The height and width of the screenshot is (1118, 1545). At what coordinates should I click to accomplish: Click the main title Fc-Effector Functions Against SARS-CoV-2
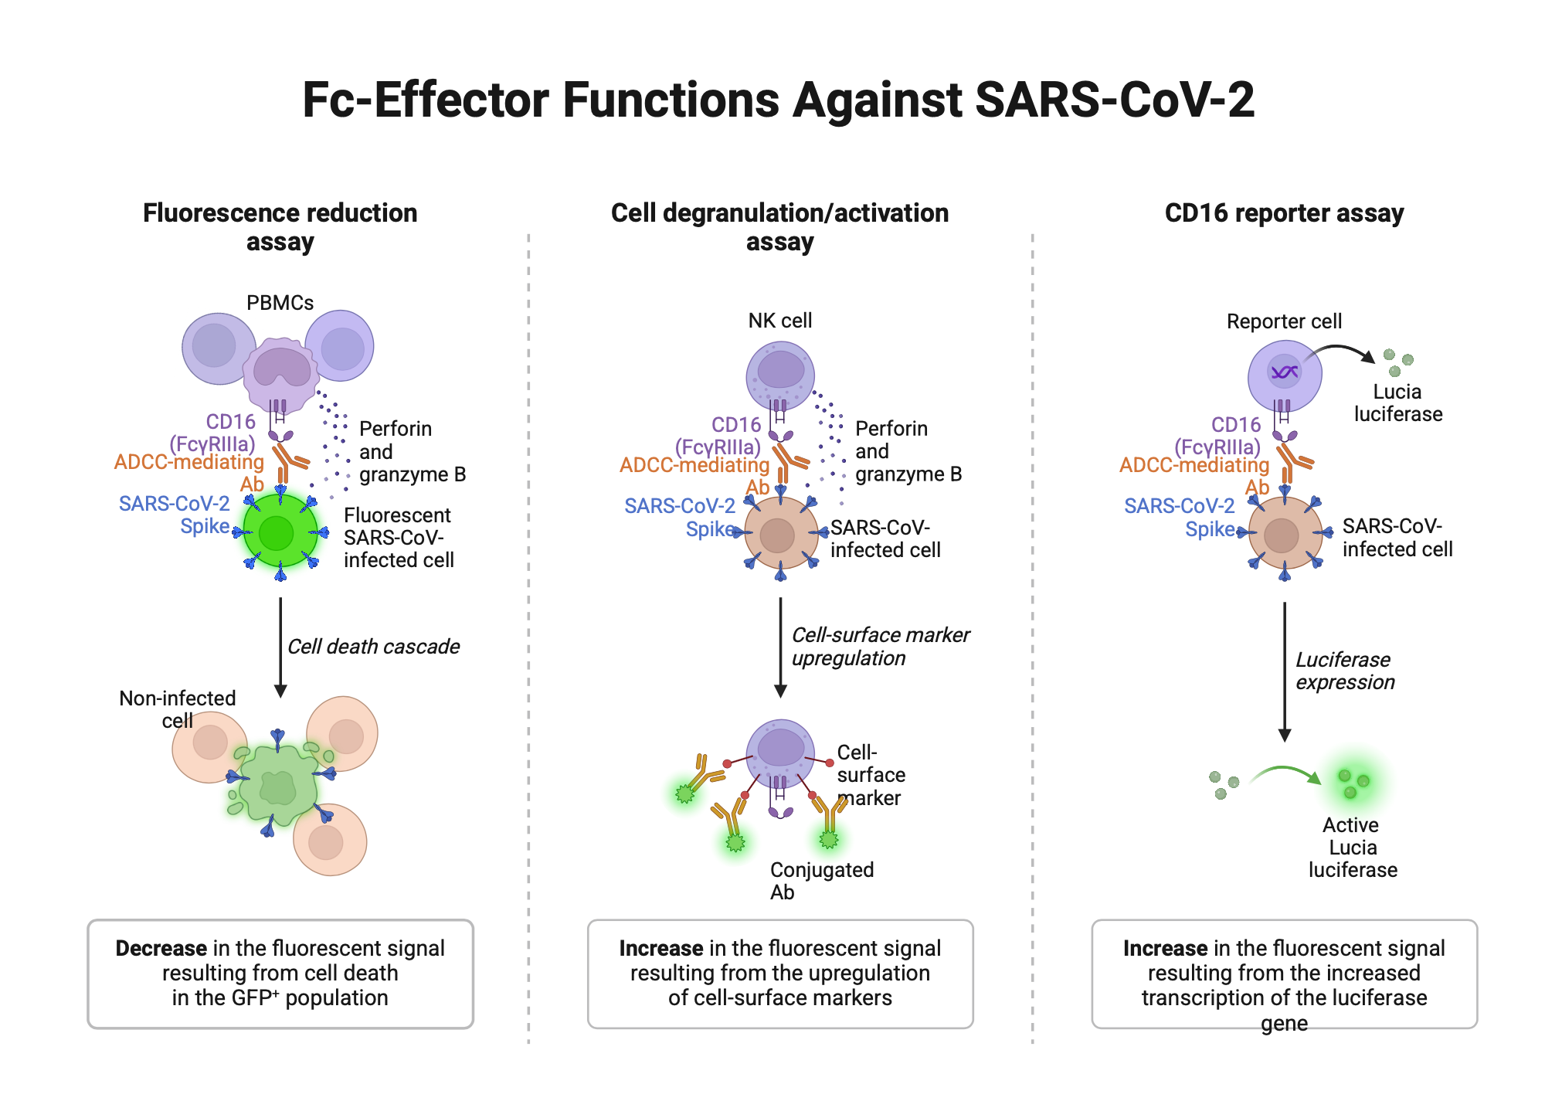(778, 100)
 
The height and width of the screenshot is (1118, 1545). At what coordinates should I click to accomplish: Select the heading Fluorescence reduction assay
(280, 226)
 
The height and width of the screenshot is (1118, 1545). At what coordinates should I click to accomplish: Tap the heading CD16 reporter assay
(1284, 213)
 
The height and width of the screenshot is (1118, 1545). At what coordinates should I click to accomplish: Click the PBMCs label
(280, 303)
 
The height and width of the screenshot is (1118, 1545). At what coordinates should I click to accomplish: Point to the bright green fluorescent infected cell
(279, 533)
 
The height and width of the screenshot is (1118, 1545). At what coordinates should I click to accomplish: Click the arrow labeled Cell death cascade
(280, 646)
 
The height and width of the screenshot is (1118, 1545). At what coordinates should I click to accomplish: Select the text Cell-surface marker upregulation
(880, 647)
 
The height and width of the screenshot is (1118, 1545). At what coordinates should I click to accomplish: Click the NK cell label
(779, 321)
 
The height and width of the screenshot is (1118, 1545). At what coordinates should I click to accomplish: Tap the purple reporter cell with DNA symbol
(1284, 375)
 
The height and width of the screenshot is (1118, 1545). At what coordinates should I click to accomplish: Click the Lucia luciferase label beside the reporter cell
(1397, 403)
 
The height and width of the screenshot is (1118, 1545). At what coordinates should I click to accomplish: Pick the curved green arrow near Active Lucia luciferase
(1285, 773)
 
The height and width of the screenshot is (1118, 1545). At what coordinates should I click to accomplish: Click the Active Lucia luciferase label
(1352, 848)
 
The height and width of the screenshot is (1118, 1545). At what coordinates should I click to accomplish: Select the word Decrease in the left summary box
(161, 948)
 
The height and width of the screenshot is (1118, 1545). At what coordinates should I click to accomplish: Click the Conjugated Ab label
(820, 881)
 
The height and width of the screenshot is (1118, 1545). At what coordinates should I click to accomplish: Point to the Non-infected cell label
(177, 709)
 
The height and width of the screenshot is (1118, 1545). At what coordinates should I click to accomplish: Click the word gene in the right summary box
(1284, 1023)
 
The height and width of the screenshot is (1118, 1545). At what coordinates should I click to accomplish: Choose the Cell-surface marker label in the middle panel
(870, 775)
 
